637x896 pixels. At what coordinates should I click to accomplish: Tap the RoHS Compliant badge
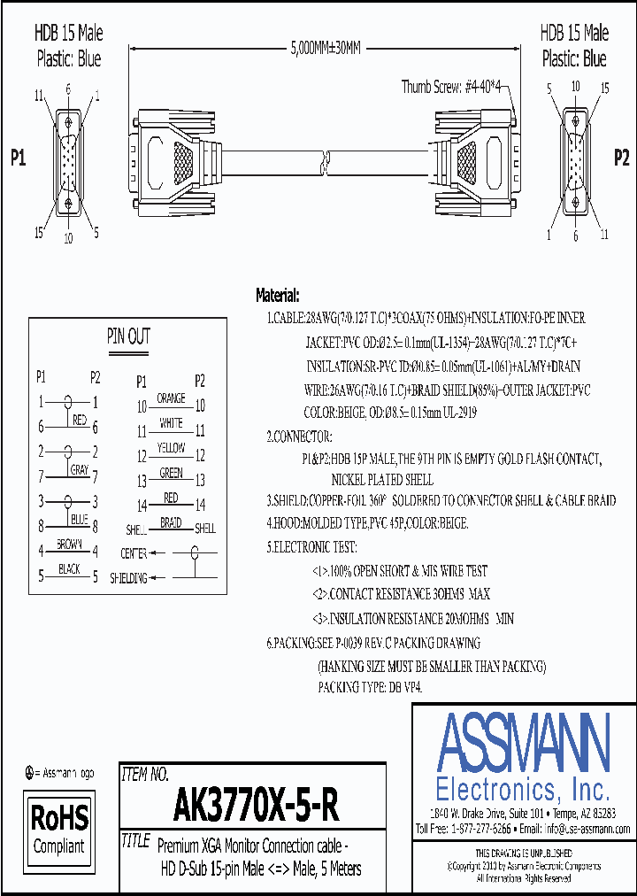[x=59, y=829]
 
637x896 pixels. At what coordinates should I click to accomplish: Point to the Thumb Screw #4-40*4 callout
[x=451, y=86]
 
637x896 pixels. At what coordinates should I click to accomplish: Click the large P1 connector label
[x=19, y=158]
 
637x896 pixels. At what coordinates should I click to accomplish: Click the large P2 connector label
[x=621, y=157]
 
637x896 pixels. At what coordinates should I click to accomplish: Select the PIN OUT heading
[x=128, y=336]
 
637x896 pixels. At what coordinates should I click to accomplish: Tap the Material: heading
[x=278, y=296]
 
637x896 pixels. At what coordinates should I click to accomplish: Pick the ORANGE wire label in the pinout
[x=171, y=399]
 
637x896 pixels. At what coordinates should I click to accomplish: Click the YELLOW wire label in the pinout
[x=171, y=449]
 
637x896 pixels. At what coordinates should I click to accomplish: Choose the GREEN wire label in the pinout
[x=171, y=474]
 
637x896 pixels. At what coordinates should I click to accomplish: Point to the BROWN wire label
[x=70, y=544]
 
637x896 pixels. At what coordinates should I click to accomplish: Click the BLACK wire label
[x=70, y=569]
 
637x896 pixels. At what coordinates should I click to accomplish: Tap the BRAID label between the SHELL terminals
[x=171, y=523]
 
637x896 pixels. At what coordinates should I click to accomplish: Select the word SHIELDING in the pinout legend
[x=128, y=578]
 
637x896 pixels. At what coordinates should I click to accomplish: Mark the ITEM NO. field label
[x=144, y=776]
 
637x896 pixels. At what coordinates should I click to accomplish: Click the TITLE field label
[x=134, y=842]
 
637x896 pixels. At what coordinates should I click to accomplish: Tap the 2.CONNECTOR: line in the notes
[x=300, y=437]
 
